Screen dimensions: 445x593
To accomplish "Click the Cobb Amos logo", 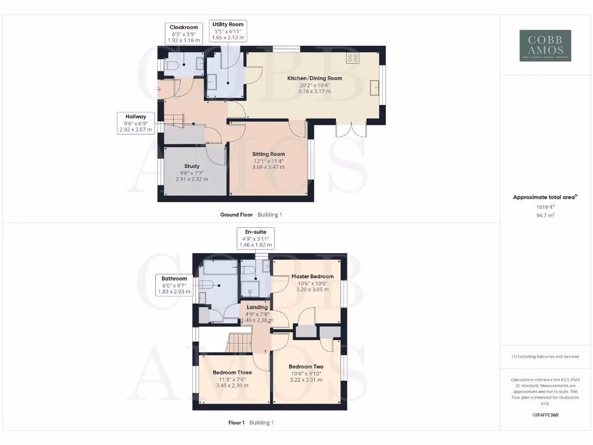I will (545, 46).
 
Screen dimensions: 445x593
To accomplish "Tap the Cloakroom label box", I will (184, 34).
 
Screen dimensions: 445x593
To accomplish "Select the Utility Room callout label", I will (228, 31).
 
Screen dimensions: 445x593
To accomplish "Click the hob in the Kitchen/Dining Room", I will (353, 57).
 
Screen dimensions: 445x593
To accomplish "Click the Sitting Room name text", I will (268, 154).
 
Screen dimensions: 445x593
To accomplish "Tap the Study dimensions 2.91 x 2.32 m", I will (192, 179).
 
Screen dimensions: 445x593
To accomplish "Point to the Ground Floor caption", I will (236, 215).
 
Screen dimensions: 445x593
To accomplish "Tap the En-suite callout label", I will (255, 238).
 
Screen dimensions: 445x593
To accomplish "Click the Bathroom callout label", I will (174, 285).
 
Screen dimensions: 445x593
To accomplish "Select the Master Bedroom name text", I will (313, 276).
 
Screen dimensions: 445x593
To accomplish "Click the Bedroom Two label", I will (306, 367).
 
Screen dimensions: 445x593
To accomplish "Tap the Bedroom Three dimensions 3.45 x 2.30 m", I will (231, 385).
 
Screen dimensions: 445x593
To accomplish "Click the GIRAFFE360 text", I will (545, 415).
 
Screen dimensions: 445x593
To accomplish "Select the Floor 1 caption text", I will (237, 423).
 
